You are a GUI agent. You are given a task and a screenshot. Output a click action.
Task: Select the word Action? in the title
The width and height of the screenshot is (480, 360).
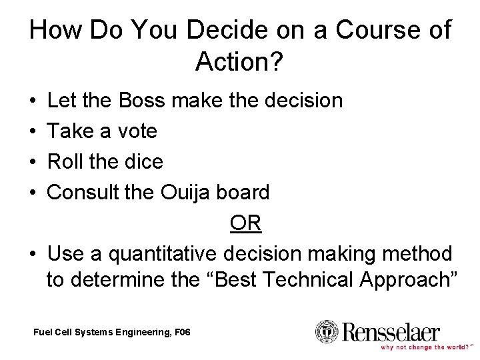point(240,63)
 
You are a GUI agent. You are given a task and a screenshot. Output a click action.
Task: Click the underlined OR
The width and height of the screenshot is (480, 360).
point(245,223)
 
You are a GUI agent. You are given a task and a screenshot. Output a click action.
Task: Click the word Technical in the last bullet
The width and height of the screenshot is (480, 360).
point(308,280)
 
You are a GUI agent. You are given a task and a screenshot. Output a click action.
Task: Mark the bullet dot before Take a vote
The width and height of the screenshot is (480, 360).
point(33,132)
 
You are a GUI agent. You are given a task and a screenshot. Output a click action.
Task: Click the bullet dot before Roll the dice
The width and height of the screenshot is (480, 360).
point(33,163)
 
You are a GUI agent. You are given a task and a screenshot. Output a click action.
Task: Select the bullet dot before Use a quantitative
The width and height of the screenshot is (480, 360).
point(33,255)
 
